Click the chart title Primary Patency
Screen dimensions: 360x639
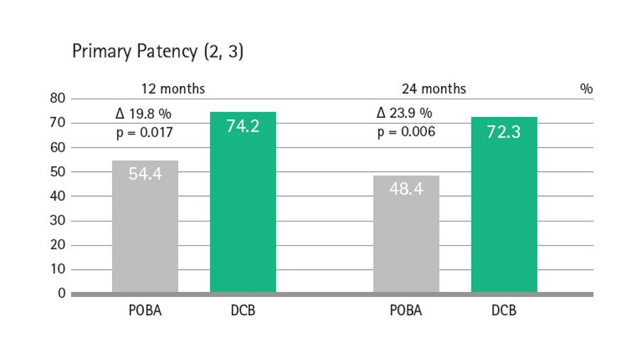point(157,53)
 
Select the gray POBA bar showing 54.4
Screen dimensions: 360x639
point(145,227)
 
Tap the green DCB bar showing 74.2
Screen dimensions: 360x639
point(243,202)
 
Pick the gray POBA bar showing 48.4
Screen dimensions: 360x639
point(406,234)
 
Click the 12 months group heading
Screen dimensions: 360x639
point(173,89)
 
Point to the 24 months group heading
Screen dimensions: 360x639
point(434,89)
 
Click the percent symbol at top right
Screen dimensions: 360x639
point(586,89)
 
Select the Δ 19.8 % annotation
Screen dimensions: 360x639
point(144,114)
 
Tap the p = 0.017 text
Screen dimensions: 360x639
point(145,132)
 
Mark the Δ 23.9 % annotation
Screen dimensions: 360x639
point(405,114)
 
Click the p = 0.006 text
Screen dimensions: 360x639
point(406,132)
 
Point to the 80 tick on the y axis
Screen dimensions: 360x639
point(58,99)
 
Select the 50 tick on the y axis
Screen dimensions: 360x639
point(58,172)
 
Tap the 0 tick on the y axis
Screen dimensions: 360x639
point(61,293)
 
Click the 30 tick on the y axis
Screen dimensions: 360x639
point(58,221)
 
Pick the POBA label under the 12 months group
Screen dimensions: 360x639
point(145,311)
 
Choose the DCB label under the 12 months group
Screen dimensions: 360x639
point(243,311)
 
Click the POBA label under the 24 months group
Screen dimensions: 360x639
point(406,311)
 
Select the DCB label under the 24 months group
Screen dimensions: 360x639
point(504,311)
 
